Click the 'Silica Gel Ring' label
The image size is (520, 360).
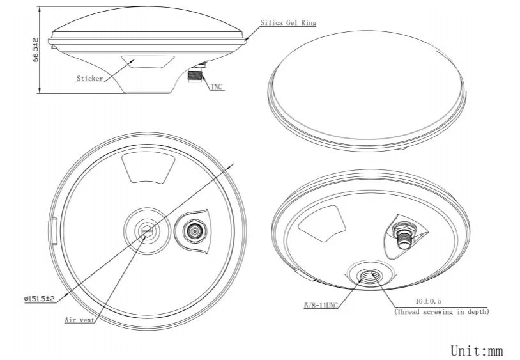pos(287,22)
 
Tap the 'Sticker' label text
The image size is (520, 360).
pos(89,79)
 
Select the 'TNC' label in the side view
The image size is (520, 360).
pos(217,86)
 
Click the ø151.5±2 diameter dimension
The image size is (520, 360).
pos(39,298)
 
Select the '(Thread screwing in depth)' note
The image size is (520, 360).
pos(441,311)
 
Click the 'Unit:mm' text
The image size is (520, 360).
pos(477,350)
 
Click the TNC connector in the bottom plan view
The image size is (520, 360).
pos(192,230)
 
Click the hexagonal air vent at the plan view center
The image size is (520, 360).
pos(148,231)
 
